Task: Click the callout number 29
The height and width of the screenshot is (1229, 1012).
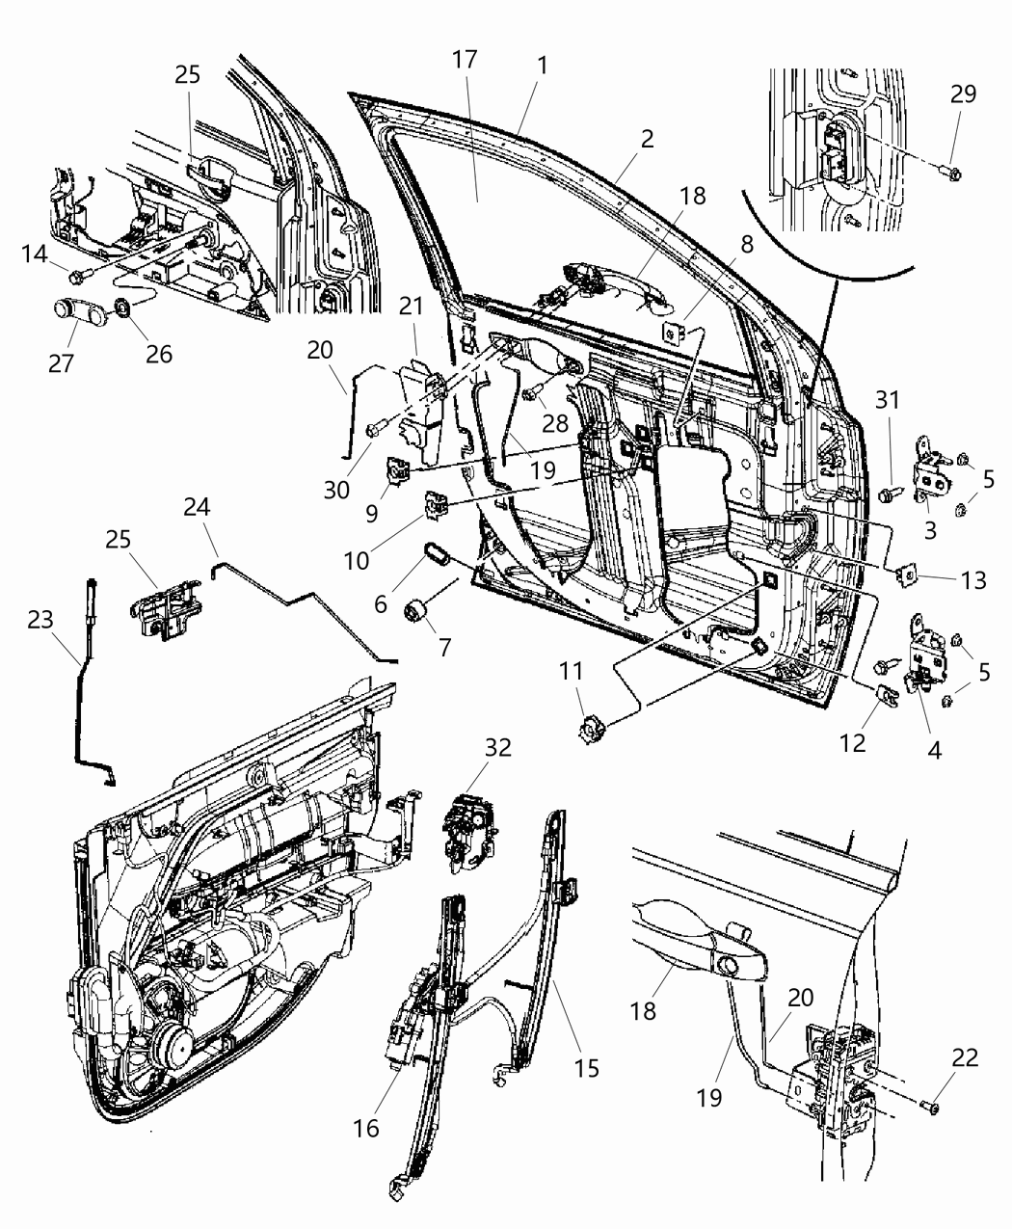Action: tap(962, 94)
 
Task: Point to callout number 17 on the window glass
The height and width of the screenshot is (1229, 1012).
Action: tap(464, 59)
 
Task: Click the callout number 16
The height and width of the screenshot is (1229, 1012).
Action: tap(366, 1127)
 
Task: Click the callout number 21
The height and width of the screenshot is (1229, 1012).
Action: tap(412, 306)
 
